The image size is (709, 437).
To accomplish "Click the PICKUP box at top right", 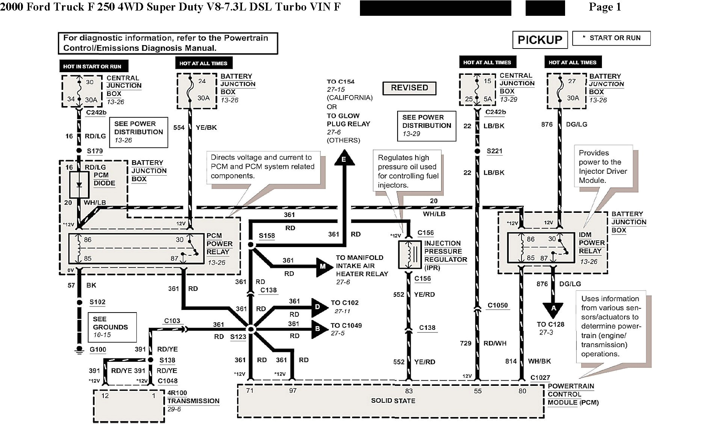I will coord(540,39).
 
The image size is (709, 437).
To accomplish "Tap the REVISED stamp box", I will coord(409,88).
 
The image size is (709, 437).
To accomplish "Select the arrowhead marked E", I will coord(344,158).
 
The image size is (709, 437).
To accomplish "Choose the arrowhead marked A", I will coord(553,310).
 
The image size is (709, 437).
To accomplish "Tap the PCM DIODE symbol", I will coord(79,185).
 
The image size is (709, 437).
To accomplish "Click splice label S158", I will coord(266,236).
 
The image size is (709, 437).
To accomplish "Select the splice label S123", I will coord(238,337).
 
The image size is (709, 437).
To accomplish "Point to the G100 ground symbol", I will coord(79,350).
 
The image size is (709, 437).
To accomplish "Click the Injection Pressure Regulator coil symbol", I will coord(409,254).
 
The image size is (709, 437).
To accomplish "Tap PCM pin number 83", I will coord(409,391).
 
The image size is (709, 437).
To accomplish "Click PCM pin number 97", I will coord(293,391).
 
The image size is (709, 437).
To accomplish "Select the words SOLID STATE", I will coord(393,401).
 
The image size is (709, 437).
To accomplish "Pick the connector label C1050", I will coord(497,305).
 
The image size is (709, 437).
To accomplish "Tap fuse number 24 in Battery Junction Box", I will coord(202,81).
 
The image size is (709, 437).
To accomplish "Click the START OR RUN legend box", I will coord(611,38).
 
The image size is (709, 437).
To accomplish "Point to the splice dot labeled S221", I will coord(477,151).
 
